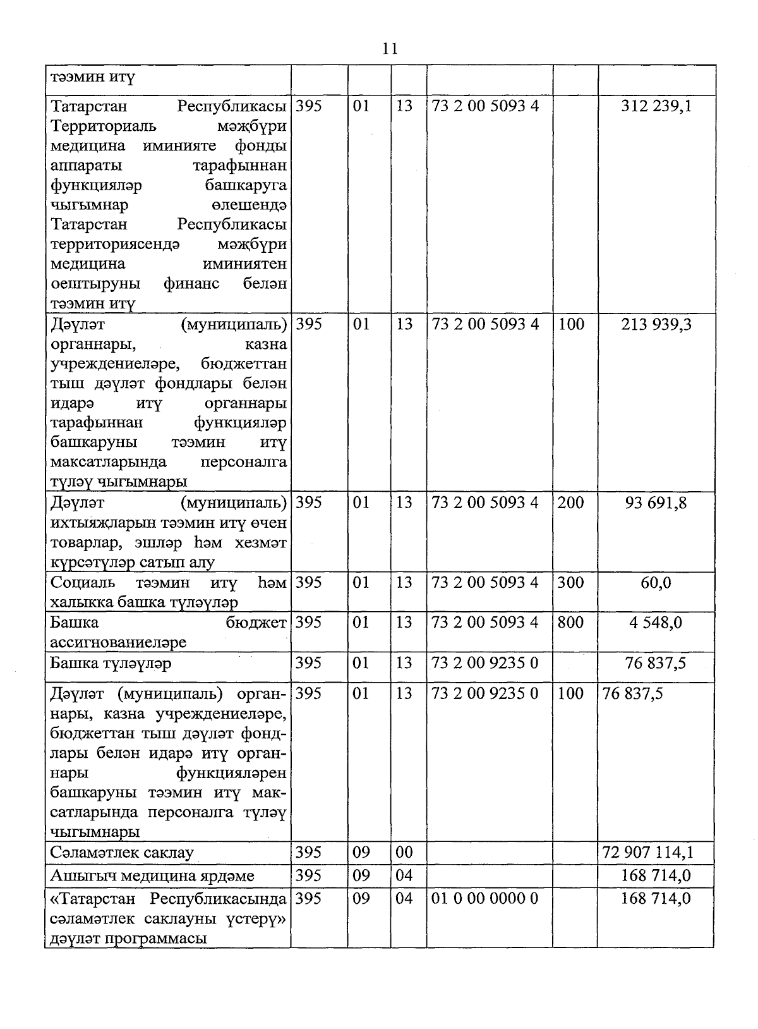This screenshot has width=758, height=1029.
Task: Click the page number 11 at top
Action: (390, 49)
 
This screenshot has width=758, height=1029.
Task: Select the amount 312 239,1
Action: (656, 106)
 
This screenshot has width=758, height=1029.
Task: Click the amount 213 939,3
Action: (656, 324)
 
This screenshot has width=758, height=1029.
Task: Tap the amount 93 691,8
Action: (656, 503)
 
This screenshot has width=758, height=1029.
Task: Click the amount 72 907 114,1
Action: (648, 853)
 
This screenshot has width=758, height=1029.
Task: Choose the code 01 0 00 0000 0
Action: (484, 898)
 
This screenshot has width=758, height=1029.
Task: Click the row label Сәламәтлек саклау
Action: (122, 853)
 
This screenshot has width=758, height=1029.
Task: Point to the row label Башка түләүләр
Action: (111, 664)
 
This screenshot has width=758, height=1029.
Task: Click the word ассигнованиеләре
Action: (118, 643)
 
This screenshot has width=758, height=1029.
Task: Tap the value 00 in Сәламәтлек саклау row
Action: (404, 853)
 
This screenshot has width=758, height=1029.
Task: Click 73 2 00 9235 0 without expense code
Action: (484, 663)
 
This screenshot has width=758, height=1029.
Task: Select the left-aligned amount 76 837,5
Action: (632, 694)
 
